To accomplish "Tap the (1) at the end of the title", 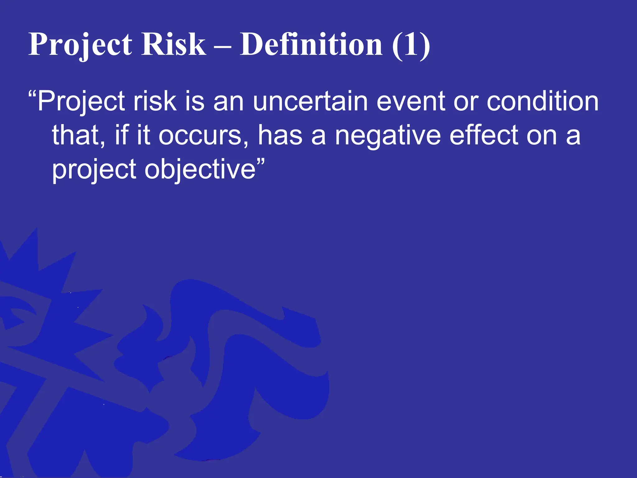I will (x=411, y=45).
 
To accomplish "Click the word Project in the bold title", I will (x=80, y=45).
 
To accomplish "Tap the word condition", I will (x=542, y=101).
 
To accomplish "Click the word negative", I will (x=388, y=136).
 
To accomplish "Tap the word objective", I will (x=200, y=170).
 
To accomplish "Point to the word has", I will (x=280, y=136).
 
